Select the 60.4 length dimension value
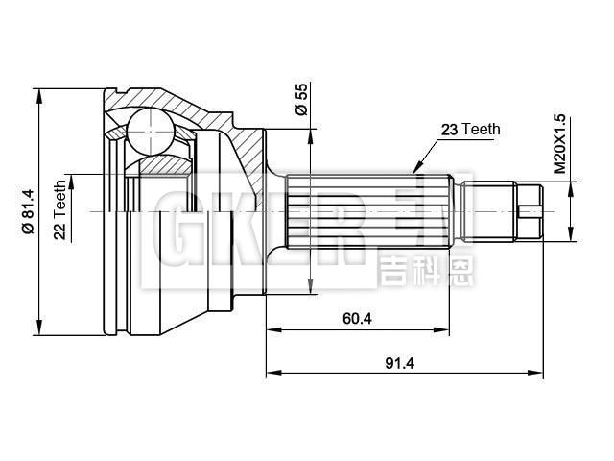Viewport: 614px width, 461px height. [356, 319]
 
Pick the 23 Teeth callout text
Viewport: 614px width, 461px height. [471, 129]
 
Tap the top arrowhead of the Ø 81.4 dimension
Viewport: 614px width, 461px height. [38, 94]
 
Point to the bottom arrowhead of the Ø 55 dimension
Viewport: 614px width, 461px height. [310, 288]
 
